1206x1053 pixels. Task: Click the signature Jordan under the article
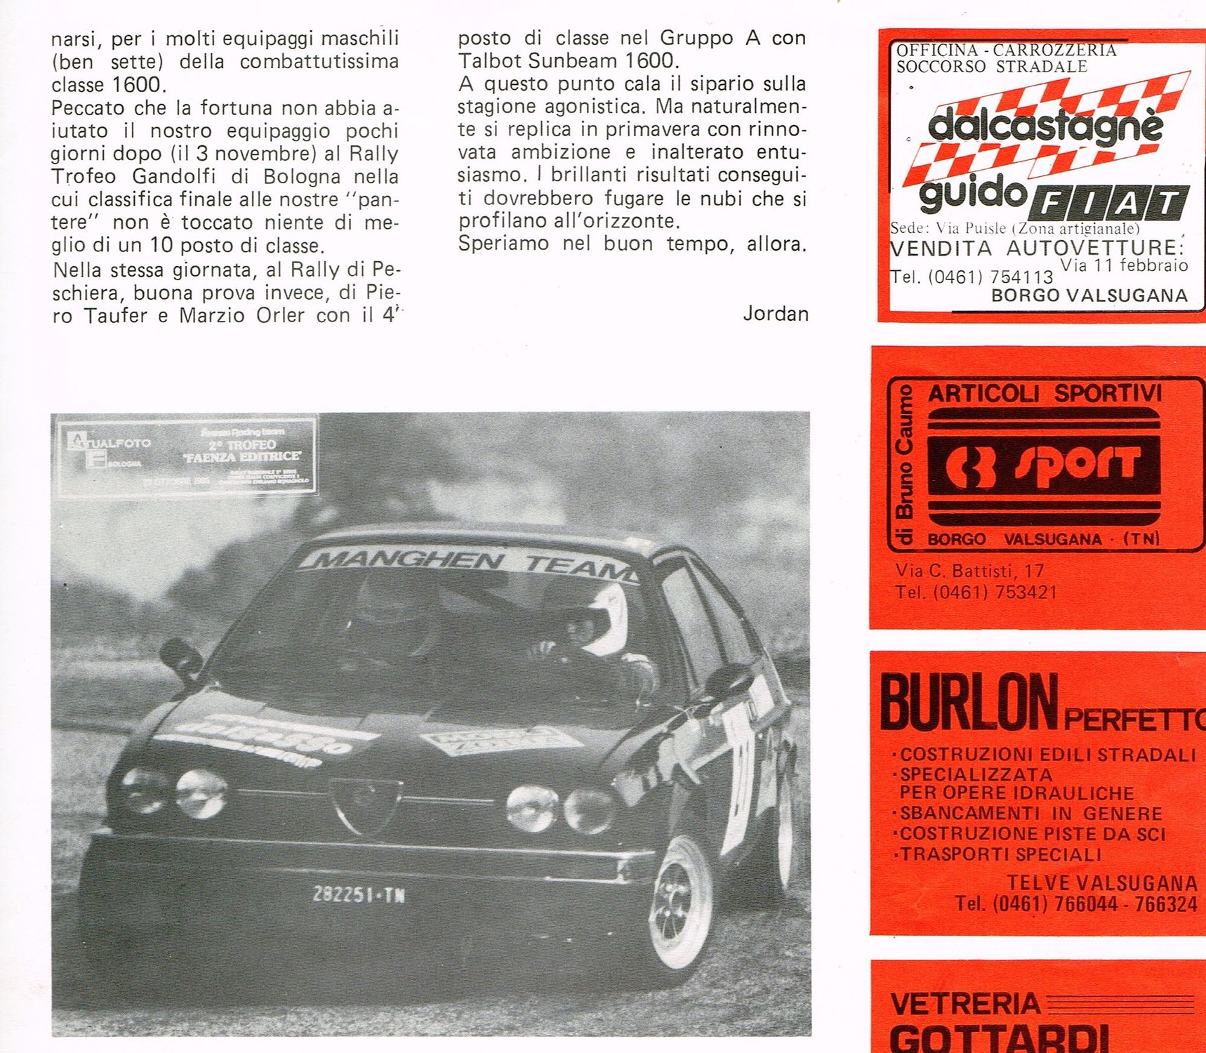pyautogui.click(x=775, y=313)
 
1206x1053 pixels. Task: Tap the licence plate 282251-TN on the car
pyautogui.click(x=359, y=895)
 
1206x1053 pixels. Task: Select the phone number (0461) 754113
pyautogui.click(x=972, y=277)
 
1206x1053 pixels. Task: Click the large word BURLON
pyautogui.click(x=969, y=702)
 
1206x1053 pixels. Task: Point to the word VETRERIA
pyautogui.click(x=965, y=1003)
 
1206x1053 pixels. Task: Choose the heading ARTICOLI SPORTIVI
pyautogui.click(x=1045, y=393)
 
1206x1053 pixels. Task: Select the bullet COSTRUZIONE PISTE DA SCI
pyautogui.click(x=1032, y=834)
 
